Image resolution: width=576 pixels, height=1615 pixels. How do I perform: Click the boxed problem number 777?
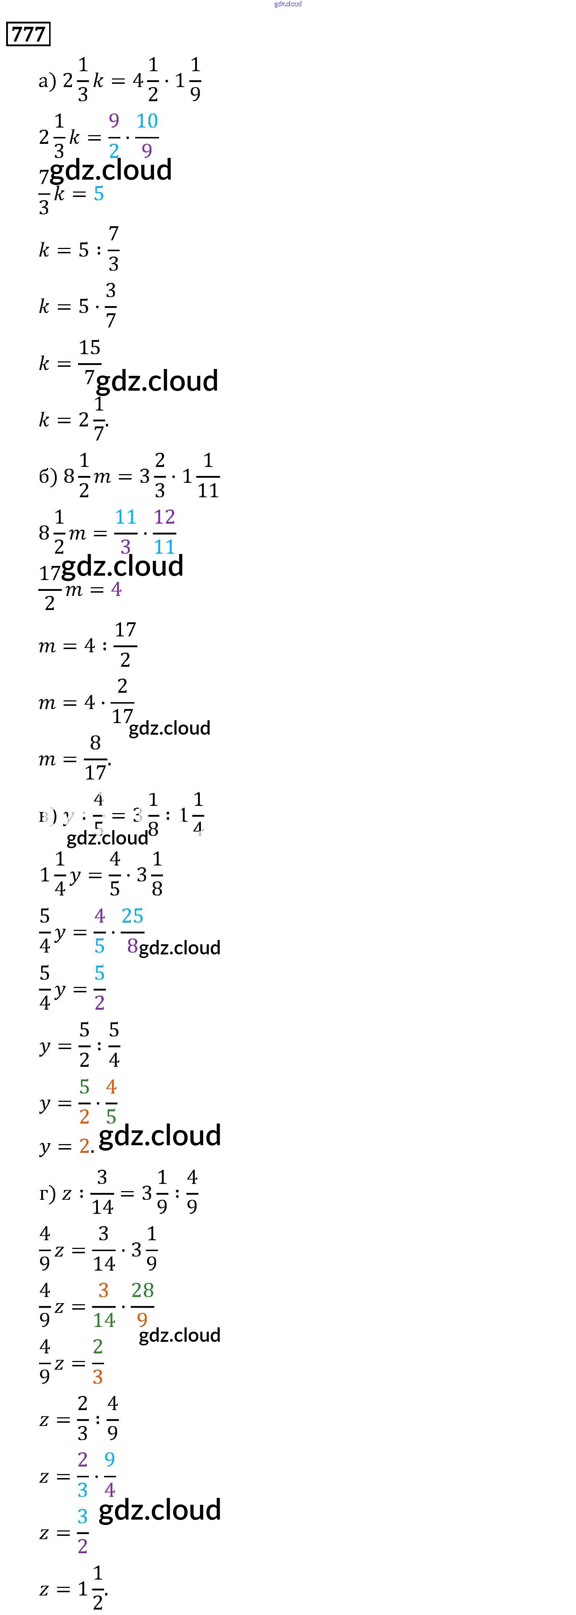[28, 34]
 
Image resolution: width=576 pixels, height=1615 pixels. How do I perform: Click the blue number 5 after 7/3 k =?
[98, 194]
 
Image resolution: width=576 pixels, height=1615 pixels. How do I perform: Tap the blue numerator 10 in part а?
[147, 121]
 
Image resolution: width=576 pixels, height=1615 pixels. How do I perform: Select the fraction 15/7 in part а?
[90, 362]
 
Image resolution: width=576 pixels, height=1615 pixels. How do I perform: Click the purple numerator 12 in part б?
[164, 517]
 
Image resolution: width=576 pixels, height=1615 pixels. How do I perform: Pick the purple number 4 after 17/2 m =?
[116, 589]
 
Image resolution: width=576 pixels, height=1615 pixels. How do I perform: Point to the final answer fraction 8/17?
[95, 758]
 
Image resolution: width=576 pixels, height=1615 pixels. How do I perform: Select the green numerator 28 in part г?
[142, 1290]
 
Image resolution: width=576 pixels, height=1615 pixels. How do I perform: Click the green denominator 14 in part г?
[104, 1320]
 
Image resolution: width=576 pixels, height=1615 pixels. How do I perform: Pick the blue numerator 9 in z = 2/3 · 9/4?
[110, 1460]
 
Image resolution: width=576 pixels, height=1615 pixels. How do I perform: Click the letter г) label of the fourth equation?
[47, 1193]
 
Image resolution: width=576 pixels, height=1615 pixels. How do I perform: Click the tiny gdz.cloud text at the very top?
[288, 4]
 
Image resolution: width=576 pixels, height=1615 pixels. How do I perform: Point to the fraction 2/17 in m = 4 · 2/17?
[122, 701]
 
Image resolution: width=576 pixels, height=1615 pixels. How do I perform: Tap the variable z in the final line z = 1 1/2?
[44, 1589]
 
